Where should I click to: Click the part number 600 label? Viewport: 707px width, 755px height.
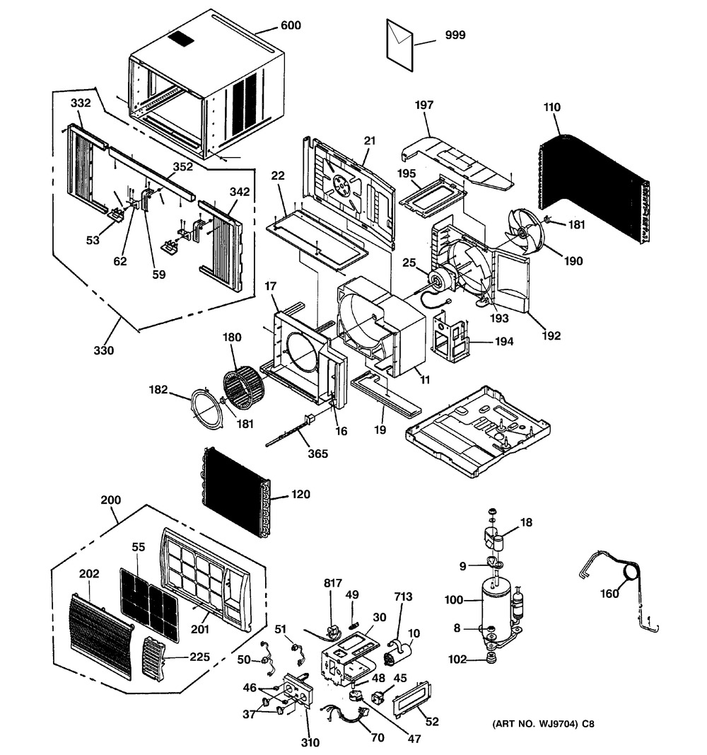click(x=290, y=26)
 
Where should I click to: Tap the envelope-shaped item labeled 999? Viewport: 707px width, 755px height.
click(x=400, y=44)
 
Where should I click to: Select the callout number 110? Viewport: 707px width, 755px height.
click(x=552, y=108)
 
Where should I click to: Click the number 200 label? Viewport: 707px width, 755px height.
click(x=110, y=500)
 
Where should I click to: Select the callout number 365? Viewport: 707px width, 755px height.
click(x=318, y=453)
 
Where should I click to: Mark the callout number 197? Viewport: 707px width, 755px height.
click(x=424, y=105)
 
